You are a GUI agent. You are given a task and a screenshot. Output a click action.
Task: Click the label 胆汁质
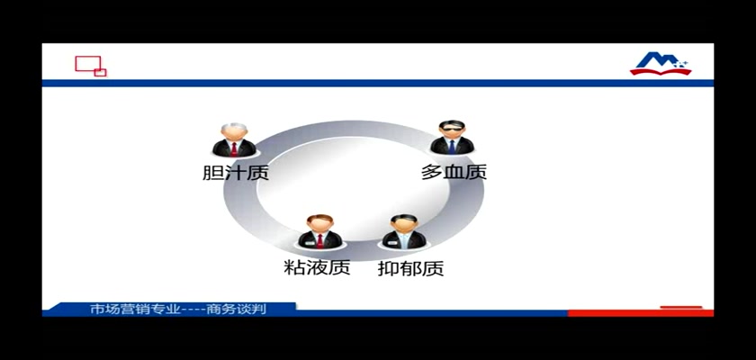click(235, 172)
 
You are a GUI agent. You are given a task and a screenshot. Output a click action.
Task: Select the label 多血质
click(454, 172)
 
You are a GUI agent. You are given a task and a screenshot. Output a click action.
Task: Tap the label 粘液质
click(317, 267)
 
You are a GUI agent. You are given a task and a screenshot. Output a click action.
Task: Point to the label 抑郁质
click(410, 268)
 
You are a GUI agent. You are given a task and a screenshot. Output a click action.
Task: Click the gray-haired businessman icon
click(234, 139)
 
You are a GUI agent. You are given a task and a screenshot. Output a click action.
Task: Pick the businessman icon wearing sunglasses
click(452, 138)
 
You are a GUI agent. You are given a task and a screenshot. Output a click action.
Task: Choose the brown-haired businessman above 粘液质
click(319, 231)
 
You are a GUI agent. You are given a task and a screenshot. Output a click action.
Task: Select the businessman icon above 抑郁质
click(404, 231)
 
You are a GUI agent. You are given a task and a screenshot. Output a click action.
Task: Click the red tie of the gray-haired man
click(234, 148)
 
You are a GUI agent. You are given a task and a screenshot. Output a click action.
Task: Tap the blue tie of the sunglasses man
click(452, 147)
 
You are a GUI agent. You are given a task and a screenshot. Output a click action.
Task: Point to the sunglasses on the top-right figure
click(452, 128)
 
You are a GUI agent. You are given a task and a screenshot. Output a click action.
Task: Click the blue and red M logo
click(661, 64)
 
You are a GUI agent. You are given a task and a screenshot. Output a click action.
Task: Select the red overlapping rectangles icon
click(91, 66)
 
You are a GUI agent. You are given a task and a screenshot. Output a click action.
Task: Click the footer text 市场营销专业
click(135, 310)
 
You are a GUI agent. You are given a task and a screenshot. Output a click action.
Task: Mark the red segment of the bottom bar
click(640, 313)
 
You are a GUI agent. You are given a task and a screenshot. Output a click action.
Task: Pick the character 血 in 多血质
click(454, 172)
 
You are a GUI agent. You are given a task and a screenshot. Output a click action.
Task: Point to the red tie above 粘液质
click(319, 240)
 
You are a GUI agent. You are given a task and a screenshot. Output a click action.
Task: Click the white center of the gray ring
click(354, 188)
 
